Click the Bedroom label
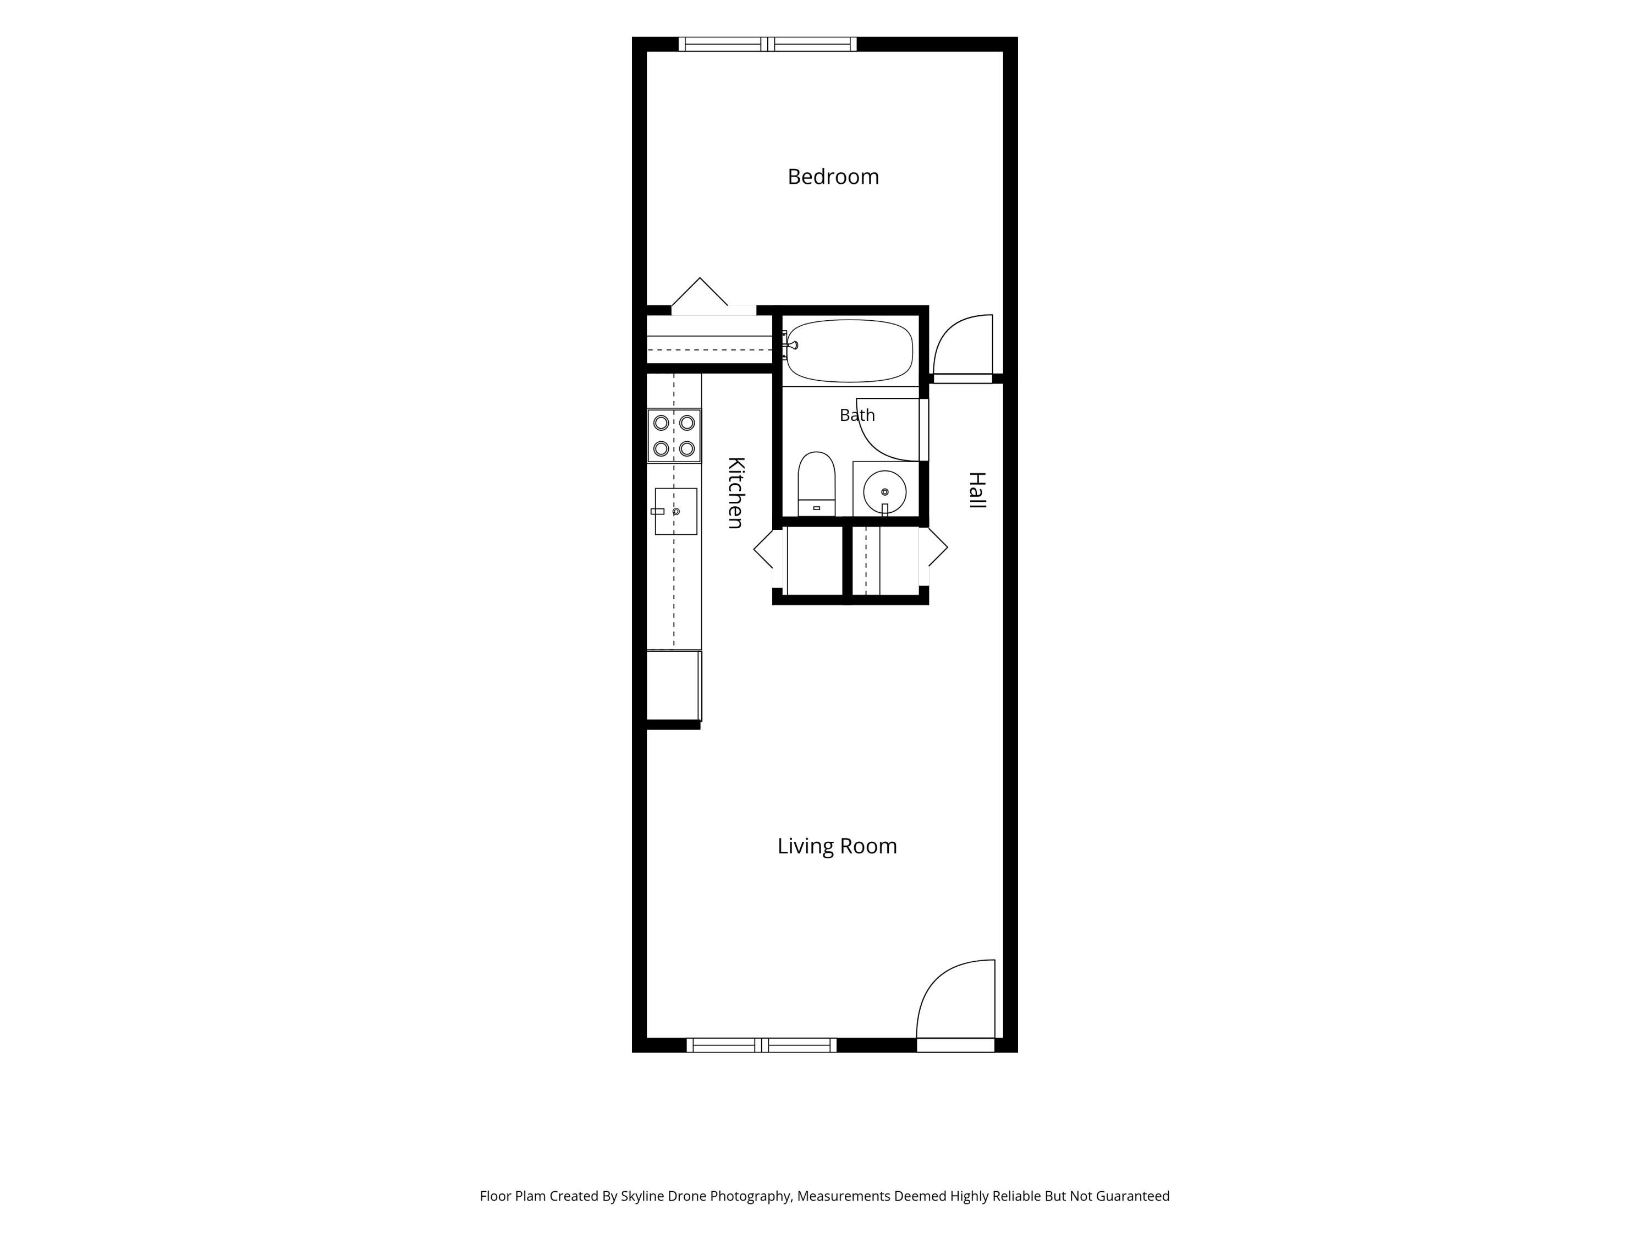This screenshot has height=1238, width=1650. pyautogui.click(x=833, y=177)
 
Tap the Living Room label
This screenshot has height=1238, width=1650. pyautogui.click(x=837, y=846)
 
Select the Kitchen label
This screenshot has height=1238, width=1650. pyautogui.click(x=735, y=492)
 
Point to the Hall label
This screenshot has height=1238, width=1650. pyautogui.click(x=977, y=490)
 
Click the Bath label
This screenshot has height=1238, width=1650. pyautogui.click(x=857, y=415)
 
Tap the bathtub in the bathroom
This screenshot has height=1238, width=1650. pyautogui.click(x=850, y=350)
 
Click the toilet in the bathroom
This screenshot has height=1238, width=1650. pyautogui.click(x=817, y=484)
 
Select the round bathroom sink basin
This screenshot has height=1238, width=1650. pyautogui.click(x=884, y=492)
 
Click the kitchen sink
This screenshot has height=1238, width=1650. pyautogui.click(x=676, y=511)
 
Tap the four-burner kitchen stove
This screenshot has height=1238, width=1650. pyautogui.click(x=674, y=436)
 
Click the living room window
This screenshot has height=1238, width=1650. pyautogui.click(x=761, y=1045)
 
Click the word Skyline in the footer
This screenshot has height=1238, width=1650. pyautogui.click(x=642, y=1196)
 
